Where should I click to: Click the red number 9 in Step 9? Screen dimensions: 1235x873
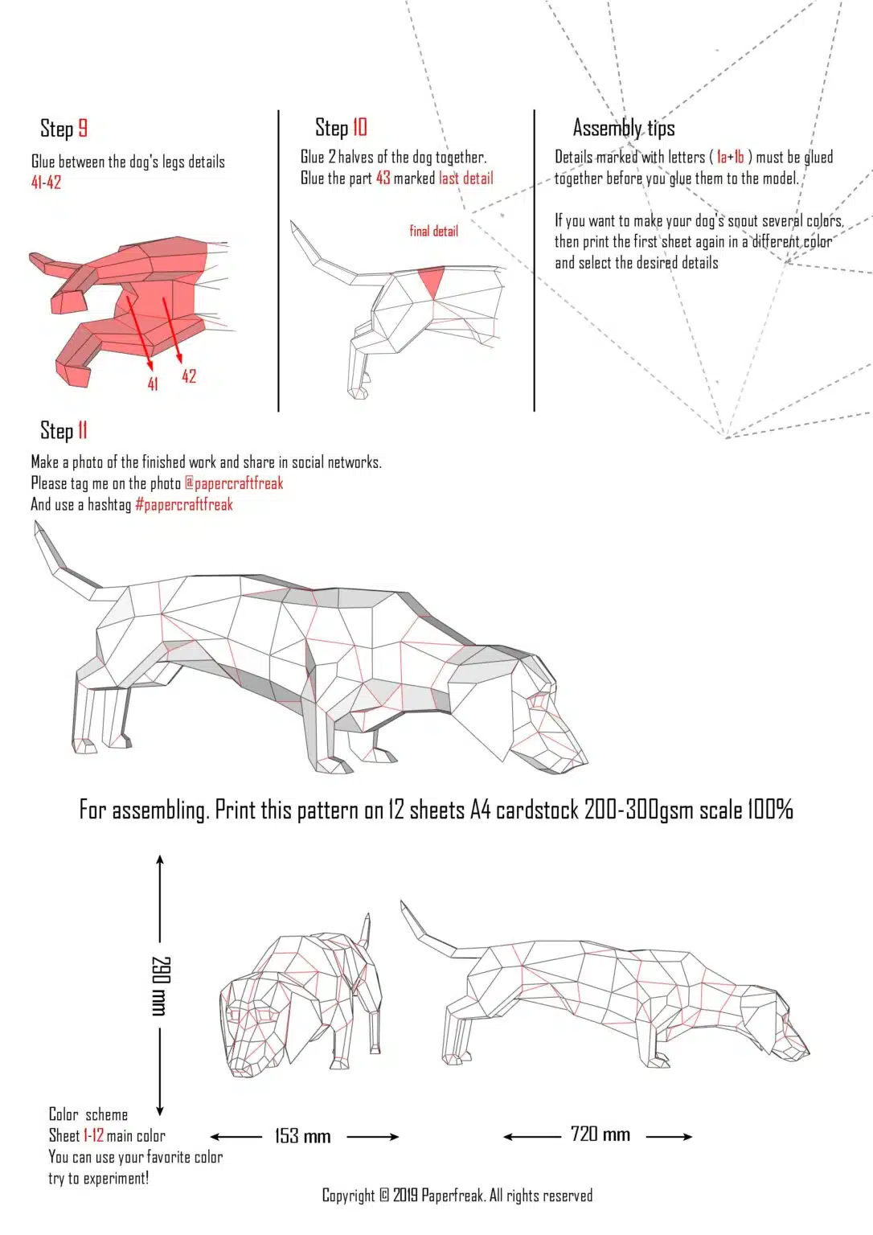(82, 129)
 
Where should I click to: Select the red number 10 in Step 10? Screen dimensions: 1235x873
(359, 127)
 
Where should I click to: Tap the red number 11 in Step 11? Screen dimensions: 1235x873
(82, 430)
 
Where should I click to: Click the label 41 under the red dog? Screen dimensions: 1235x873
(153, 384)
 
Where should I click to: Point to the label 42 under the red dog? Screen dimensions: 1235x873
(189, 376)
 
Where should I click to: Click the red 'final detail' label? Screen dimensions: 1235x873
(433, 232)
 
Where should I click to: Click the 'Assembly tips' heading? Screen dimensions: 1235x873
(623, 128)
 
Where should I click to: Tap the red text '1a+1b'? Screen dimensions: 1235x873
(730, 157)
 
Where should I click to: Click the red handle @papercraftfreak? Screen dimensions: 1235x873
(234, 483)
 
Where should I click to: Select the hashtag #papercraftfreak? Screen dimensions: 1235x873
(184, 505)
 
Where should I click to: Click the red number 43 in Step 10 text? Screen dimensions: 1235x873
(383, 178)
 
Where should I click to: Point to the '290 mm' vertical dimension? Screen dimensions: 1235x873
(160, 985)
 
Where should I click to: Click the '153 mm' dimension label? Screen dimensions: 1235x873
(302, 1136)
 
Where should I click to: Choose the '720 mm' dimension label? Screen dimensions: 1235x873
(600, 1134)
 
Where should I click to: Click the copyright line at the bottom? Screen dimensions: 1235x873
(457, 1196)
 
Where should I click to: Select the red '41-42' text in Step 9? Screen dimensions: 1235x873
(46, 183)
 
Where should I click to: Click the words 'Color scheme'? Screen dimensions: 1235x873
(88, 1114)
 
